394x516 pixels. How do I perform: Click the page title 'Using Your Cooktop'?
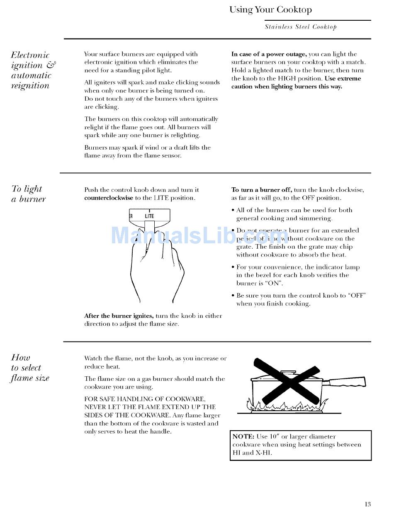click(270, 10)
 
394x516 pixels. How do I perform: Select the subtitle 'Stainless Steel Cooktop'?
click(301, 27)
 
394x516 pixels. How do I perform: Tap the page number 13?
click(367, 504)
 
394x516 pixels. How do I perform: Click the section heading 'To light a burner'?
click(28, 194)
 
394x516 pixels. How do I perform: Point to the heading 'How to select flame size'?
click(30, 368)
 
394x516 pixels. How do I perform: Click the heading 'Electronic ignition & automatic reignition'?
click(33, 70)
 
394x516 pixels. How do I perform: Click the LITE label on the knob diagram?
click(149, 216)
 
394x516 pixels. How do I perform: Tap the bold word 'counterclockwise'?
click(109, 198)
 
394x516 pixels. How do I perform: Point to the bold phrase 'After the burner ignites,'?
click(119, 316)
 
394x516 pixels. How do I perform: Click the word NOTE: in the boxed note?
click(243, 436)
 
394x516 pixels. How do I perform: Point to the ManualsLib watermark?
click(199, 236)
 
